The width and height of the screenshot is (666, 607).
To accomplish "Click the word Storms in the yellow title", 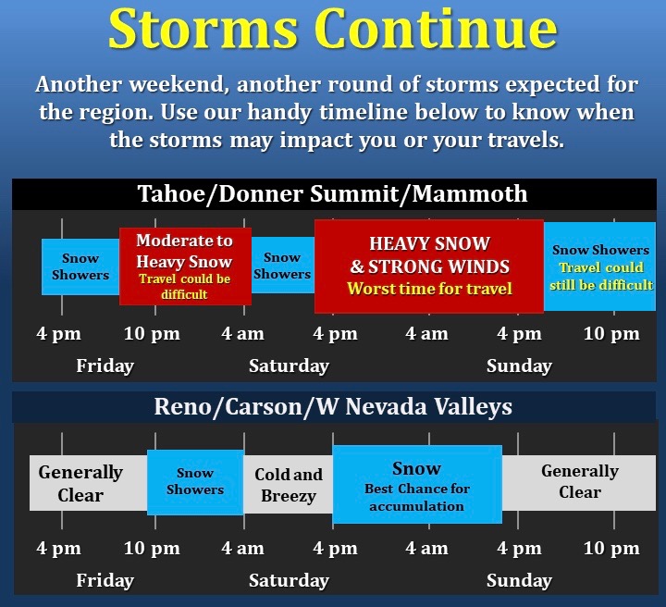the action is click(x=203, y=29).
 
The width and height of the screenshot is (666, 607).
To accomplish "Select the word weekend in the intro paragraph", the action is click(x=177, y=84).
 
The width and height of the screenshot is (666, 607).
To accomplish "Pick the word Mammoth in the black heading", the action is click(x=470, y=193).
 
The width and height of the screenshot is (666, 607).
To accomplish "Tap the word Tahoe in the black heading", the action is click(x=171, y=193).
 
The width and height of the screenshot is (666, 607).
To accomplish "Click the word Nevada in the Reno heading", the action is click(x=386, y=407).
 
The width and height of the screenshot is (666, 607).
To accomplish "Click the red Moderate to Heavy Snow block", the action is click(x=185, y=266).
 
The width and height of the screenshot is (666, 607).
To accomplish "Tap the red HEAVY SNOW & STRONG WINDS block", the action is click(x=429, y=266).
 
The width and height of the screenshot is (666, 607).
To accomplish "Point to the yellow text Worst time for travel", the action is click(x=429, y=289).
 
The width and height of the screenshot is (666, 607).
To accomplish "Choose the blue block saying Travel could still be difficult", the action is click(x=599, y=266).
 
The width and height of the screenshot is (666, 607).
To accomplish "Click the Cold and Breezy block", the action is click(x=288, y=485).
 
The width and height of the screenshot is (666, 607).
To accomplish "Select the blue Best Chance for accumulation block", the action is click(x=417, y=484).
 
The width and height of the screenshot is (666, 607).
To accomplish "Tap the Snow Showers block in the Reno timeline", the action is click(x=195, y=482).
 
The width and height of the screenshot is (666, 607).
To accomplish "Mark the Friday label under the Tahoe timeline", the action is click(x=105, y=365).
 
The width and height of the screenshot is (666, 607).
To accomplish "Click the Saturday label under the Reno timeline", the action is click(x=289, y=581).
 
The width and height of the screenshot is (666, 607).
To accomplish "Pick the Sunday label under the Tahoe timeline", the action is click(x=519, y=365).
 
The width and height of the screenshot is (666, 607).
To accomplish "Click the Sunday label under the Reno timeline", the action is click(x=519, y=581).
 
